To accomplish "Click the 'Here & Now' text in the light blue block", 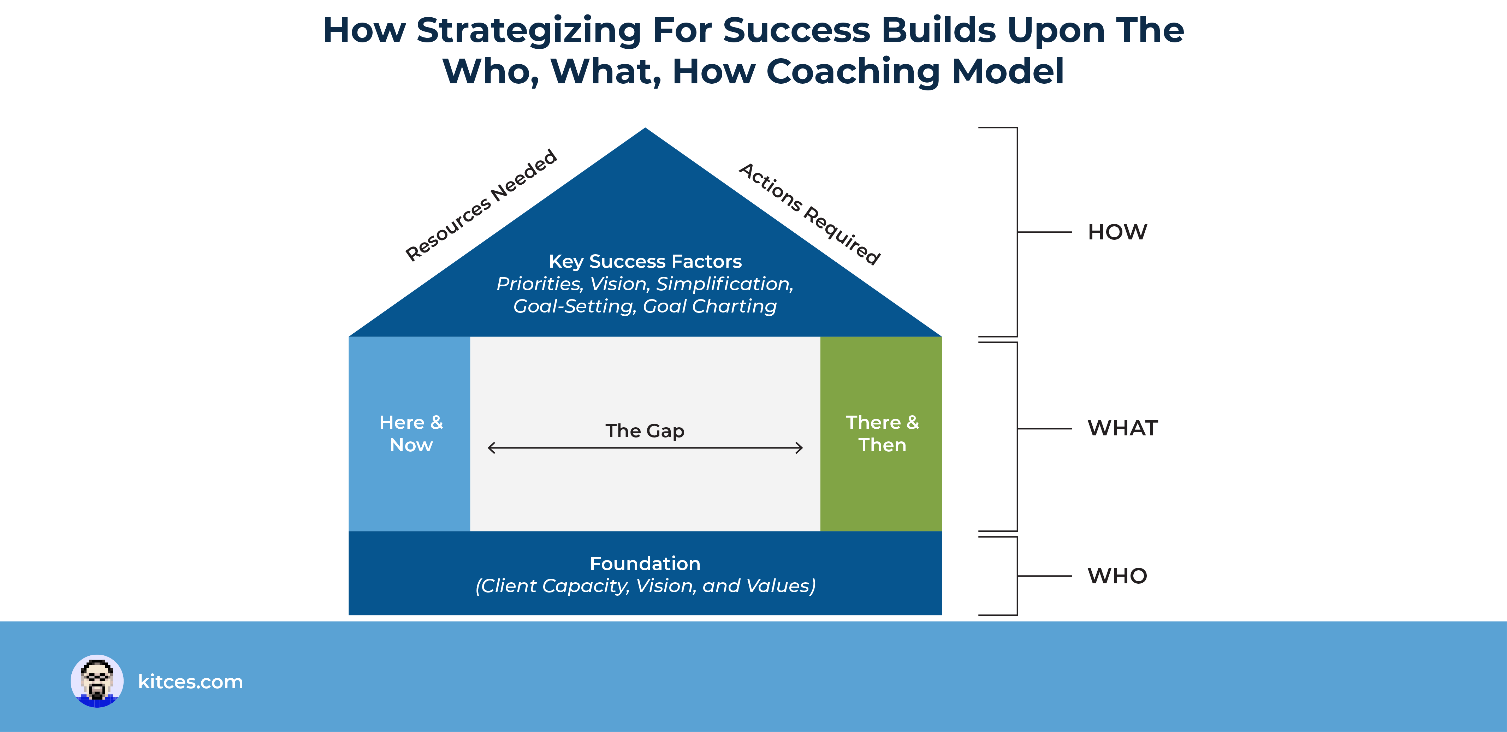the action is point(411,434).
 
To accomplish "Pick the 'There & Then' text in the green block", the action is point(882,434).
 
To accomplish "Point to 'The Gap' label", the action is point(645,431).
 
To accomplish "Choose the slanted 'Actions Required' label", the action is point(810,214).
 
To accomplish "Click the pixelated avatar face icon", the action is point(97,681).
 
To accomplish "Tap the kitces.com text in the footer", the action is point(190,682).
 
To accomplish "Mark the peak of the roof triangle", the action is point(645,128).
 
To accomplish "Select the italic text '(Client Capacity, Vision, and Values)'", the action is point(645,586).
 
